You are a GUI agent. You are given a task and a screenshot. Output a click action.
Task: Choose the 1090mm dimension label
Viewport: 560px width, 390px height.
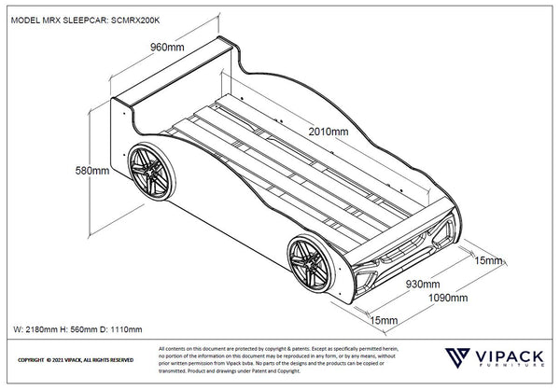click(448, 299)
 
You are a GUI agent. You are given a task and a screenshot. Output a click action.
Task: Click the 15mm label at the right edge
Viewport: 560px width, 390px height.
click(488, 261)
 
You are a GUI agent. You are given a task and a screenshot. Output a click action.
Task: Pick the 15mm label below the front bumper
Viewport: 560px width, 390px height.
click(383, 321)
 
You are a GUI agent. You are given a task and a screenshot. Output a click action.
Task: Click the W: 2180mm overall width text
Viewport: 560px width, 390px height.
click(40, 329)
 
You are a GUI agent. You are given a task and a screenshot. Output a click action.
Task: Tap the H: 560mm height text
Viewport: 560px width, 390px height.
click(82, 329)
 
